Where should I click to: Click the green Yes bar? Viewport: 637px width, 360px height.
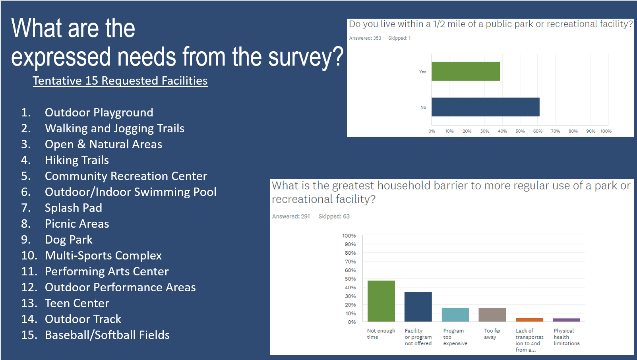465,72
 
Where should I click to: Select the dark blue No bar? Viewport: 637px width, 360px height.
485,107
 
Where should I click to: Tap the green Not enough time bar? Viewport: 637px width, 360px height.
381,301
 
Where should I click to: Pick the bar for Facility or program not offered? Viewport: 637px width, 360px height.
418,307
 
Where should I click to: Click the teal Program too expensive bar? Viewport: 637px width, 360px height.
455,315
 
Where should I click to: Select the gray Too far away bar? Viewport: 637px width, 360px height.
492,315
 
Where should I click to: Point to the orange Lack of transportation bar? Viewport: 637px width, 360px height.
529,320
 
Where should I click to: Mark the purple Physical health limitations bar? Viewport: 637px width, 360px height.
566,320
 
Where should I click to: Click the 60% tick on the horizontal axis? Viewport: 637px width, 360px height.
538,131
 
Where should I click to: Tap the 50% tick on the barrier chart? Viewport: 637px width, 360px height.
350,279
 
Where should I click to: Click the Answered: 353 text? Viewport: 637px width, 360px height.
365,38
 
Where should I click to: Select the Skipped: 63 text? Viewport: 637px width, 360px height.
334,217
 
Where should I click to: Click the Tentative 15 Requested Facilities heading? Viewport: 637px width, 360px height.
120,81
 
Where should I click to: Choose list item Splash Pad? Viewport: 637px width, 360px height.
74,208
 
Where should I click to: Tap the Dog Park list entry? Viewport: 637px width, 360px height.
68,240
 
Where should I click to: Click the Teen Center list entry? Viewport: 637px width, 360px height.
77,303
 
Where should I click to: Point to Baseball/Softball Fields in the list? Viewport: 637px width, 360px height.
107,335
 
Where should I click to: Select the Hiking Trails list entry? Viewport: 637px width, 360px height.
77,160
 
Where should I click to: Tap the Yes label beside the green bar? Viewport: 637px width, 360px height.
422,72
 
